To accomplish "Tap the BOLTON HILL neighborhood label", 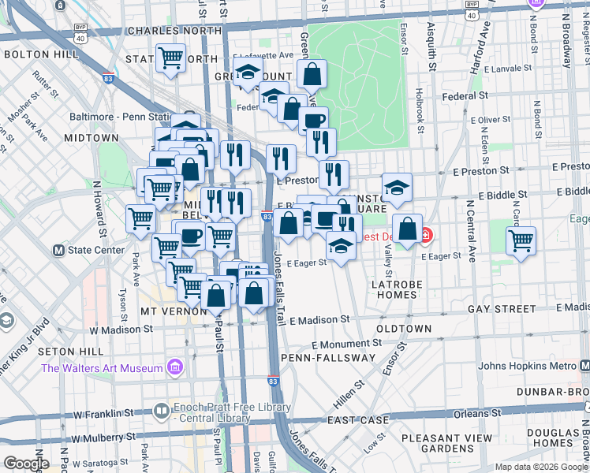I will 40,54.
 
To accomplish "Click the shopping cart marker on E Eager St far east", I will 521,240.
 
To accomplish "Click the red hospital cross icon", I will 427,235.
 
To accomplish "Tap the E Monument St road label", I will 346,345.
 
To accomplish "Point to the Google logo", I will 26,464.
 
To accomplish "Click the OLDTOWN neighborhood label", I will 404,328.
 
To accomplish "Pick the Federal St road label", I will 464,95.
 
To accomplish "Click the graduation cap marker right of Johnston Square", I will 397,187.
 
